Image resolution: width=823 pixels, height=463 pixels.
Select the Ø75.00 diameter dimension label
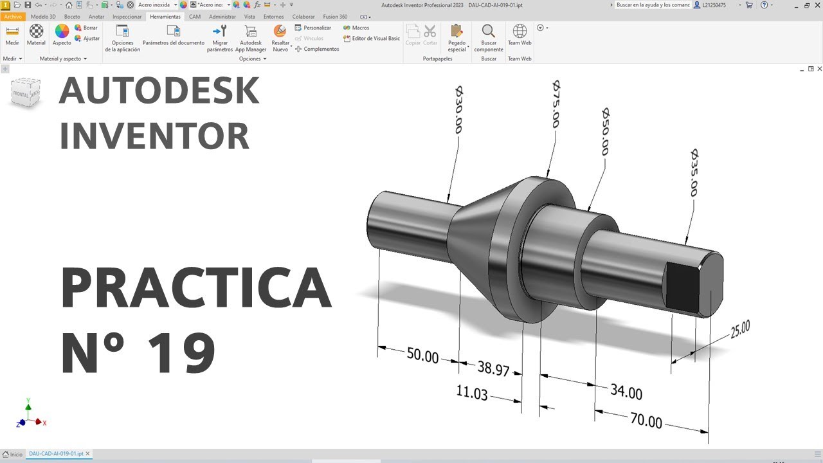coord(556,104)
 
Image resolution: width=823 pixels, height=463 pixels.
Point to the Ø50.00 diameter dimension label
coord(604,132)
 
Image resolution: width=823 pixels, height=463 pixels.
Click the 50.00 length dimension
coord(422,356)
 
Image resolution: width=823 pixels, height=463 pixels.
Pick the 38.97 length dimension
coord(493,368)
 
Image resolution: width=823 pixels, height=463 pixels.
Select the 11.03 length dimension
coord(472,392)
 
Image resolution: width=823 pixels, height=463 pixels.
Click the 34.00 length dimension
coord(626,392)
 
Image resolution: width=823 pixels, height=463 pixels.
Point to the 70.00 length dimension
coord(646,421)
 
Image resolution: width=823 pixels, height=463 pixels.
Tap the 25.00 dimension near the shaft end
coord(740,329)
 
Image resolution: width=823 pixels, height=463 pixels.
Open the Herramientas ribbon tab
coord(165,17)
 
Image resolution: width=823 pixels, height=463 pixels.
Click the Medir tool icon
coord(12,31)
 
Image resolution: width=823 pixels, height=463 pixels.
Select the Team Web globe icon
coord(520,31)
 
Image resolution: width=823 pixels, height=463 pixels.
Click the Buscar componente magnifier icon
coord(489,31)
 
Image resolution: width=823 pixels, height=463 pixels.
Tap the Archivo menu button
coord(13,17)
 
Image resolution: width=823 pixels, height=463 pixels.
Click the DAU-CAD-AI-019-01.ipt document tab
coord(56,454)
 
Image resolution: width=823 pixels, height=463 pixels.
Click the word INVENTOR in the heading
coord(154,136)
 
